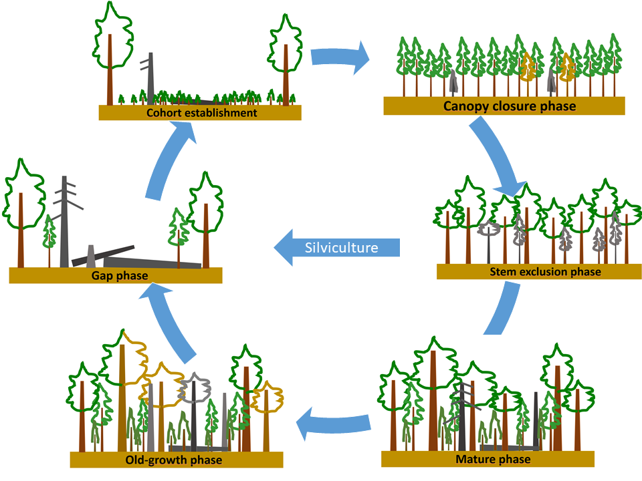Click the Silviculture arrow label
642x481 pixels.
click(341, 248)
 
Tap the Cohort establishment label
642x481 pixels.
click(201, 113)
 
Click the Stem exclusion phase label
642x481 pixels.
click(545, 272)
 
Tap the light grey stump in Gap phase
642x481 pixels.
click(91, 257)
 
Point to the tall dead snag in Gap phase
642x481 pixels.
click(65, 220)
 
